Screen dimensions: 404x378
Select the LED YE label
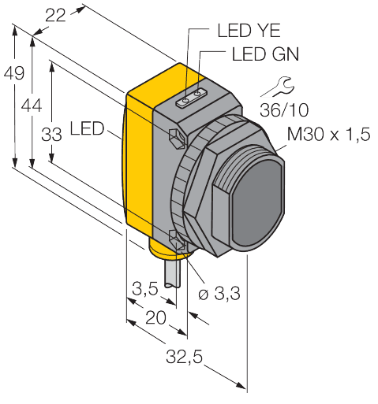coord(244,32)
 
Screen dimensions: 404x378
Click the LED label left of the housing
coord(87,128)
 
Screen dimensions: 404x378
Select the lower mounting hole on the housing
coord(178,239)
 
